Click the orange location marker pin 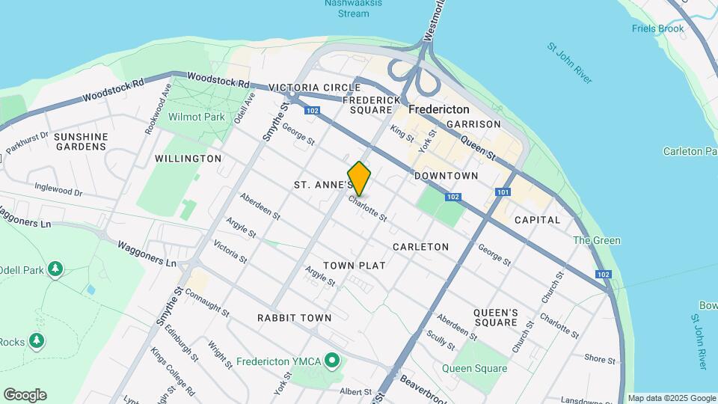(x=359, y=179)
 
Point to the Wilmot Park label (x=197, y=117)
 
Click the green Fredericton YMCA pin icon (x=334, y=361)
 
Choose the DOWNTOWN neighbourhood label (x=446, y=176)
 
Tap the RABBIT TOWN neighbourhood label (x=294, y=318)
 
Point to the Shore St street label (x=600, y=359)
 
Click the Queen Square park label (x=474, y=368)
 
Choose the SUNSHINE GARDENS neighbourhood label (x=81, y=141)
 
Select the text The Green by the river (x=596, y=240)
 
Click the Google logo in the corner (x=25, y=395)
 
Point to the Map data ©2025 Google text (x=672, y=398)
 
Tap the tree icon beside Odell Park (x=55, y=268)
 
